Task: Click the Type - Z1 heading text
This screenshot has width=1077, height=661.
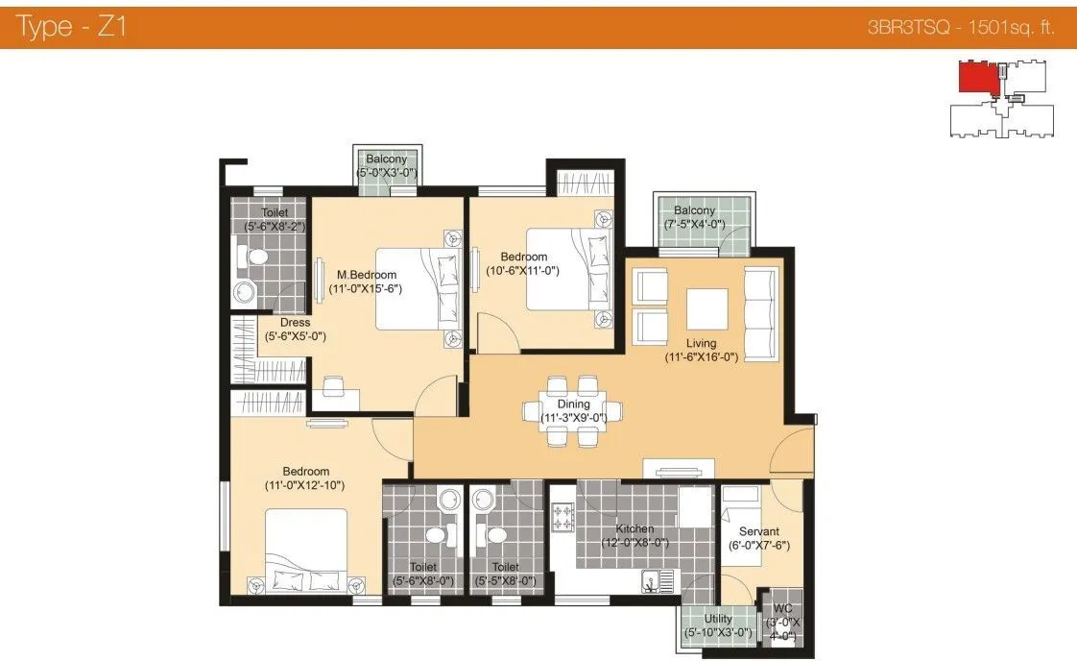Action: coord(72,27)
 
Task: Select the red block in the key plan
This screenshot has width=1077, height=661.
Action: coord(977,77)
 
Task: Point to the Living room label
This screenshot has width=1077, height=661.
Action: coord(701,343)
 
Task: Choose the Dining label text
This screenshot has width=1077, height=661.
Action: coord(573,404)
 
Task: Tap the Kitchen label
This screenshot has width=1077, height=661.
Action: coord(634,528)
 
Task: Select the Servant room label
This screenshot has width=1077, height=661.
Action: coord(758,531)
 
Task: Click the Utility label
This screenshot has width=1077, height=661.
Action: coord(718,619)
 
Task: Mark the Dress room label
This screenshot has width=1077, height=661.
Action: coord(295,323)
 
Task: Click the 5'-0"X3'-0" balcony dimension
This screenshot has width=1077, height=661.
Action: coord(386,173)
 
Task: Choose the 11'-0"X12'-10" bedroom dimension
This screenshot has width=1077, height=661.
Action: coord(306,485)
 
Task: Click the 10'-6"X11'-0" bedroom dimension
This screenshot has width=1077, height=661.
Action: coord(524,271)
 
